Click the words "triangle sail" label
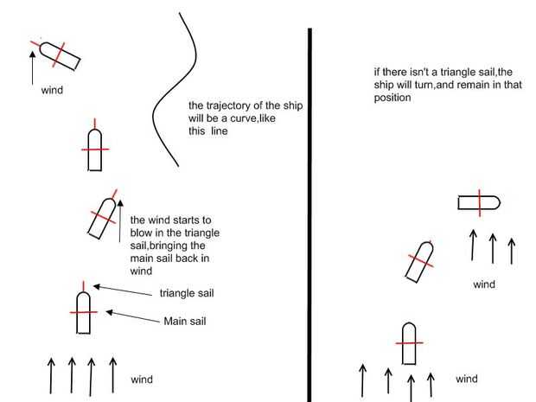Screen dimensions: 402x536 click(x=187, y=293)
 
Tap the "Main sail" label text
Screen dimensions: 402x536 click(x=184, y=322)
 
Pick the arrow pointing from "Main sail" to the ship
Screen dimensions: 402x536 click(x=130, y=316)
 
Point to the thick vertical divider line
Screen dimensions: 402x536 click(x=309, y=216)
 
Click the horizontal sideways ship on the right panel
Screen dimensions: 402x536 click(x=479, y=204)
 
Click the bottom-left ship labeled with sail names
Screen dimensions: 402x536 click(x=83, y=312)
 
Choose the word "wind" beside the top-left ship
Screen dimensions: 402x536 click(x=52, y=89)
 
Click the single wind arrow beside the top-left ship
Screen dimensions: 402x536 click(x=32, y=67)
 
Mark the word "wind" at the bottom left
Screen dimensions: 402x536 click(x=142, y=379)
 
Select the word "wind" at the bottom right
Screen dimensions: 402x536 click(x=466, y=379)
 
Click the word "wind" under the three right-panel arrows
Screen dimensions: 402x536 click(x=484, y=284)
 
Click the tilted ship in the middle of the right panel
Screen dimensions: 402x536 click(x=418, y=261)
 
